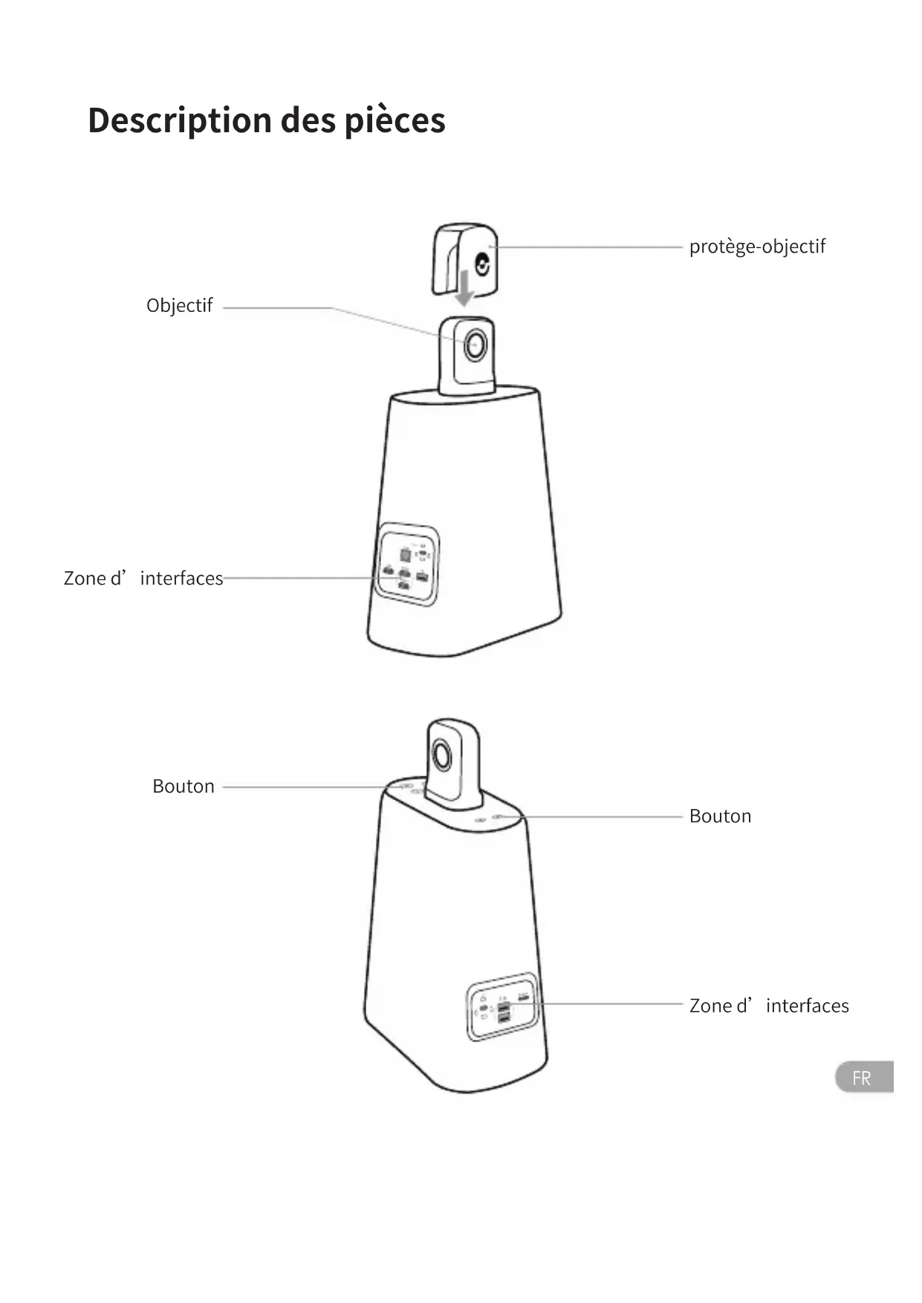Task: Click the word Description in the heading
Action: point(180,121)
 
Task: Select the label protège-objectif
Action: point(756,247)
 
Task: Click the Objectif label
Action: point(179,306)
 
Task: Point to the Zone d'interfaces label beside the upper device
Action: point(143,578)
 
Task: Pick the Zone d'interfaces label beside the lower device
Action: point(768,1006)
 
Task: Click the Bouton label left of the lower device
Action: point(183,787)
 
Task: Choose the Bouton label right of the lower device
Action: point(719,816)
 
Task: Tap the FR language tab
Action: point(863,1077)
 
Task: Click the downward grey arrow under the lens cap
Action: point(464,289)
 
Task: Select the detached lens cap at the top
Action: point(464,256)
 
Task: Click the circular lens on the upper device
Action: point(475,345)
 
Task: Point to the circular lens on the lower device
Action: point(441,758)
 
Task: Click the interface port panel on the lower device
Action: point(502,1007)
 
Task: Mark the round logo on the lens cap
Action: point(483,265)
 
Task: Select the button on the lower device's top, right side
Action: point(499,816)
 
